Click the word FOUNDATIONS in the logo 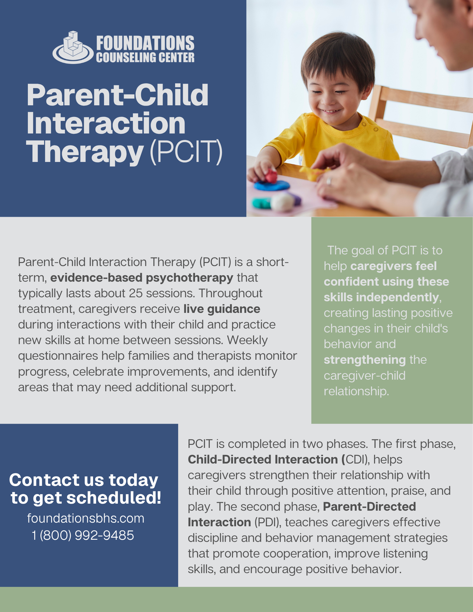(x=145, y=43)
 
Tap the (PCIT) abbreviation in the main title (x=186, y=152)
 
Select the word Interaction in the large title (x=106, y=123)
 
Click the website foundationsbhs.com (x=86, y=518)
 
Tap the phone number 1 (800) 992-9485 (x=83, y=535)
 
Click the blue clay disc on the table (x=272, y=185)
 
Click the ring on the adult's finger (x=328, y=182)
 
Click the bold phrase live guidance (x=222, y=309)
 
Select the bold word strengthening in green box (x=365, y=360)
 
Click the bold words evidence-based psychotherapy (x=142, y=278)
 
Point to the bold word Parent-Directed (x=370, y=506)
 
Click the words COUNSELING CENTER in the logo (x=145, y=58)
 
